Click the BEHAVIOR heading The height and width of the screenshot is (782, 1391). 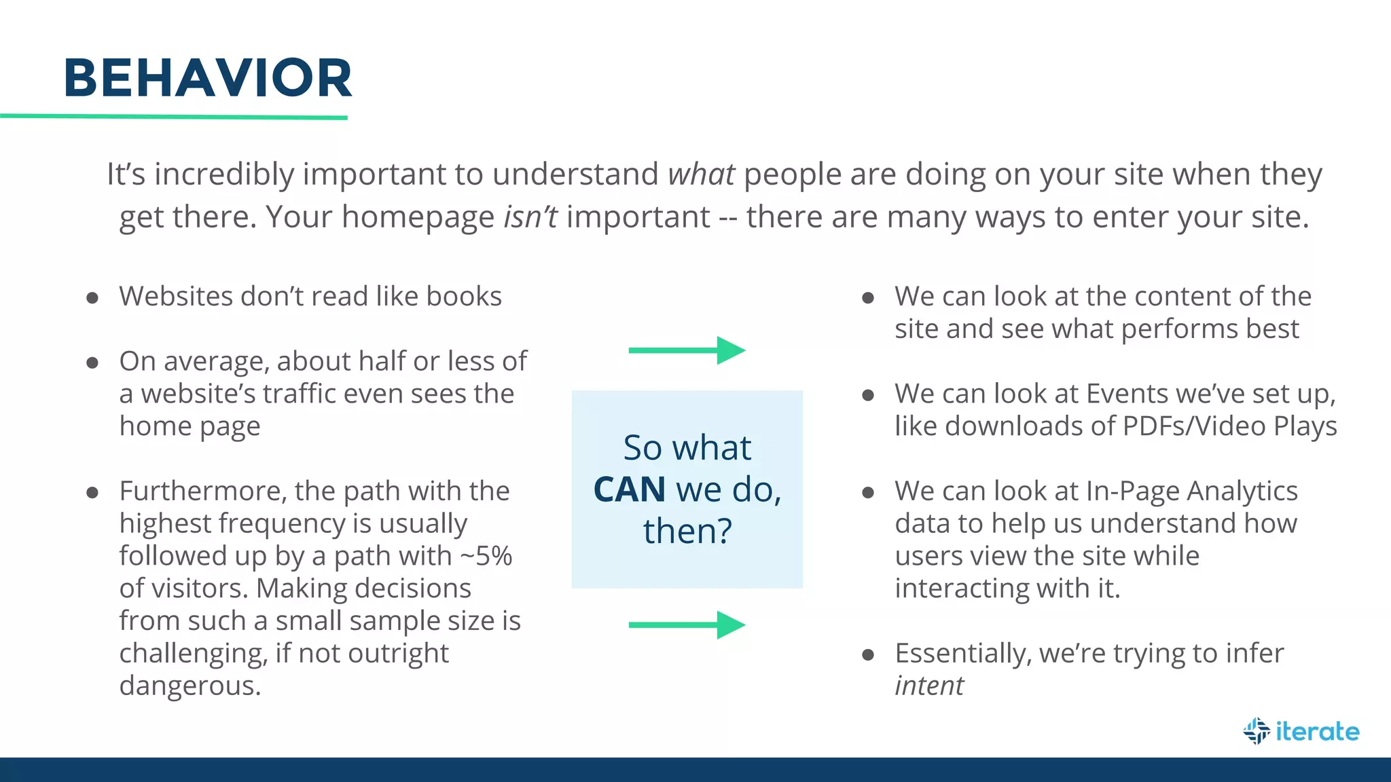(208, 78)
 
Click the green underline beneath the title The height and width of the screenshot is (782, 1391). (174, 117)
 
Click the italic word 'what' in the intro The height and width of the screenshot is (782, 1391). (701, 174)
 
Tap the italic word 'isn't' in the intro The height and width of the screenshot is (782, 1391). (530, 217)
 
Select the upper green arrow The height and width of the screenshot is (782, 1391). (687, 350)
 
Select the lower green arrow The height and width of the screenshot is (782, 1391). (687, 625)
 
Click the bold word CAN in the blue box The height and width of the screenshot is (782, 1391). (629, 489)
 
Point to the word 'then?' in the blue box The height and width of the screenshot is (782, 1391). (687, 531)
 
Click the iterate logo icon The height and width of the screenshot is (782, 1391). (1257, 731)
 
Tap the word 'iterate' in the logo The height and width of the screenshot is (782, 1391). (1317, 731)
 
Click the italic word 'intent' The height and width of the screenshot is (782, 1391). (928, 686)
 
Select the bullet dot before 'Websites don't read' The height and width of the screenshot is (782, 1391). (93, 297)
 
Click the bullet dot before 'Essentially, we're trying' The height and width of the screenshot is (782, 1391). (867, 654)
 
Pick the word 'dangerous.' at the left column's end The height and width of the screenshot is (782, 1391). (190, 686)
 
